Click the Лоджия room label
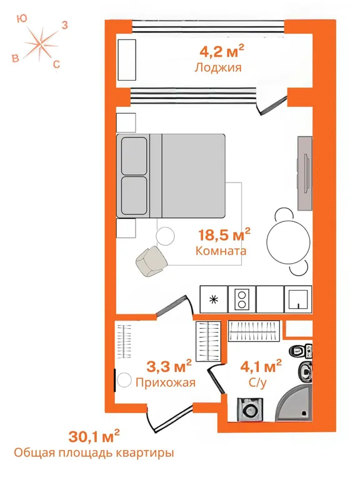point(218,67)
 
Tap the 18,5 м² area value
point(224,234)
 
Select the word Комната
point(221,251)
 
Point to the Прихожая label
point(165,382)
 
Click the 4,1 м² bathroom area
point(261,366)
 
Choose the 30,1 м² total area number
point(94,436)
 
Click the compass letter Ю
point(22,19)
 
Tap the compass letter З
point(64,25)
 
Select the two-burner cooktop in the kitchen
point(242,299)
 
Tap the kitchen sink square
point(298,299)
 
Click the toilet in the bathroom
point(301,351)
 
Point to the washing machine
point(251,409)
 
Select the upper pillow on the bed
point(134,156)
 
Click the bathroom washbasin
point(305,371)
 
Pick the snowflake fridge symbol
point(214,299)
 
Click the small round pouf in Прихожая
point(124,380)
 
